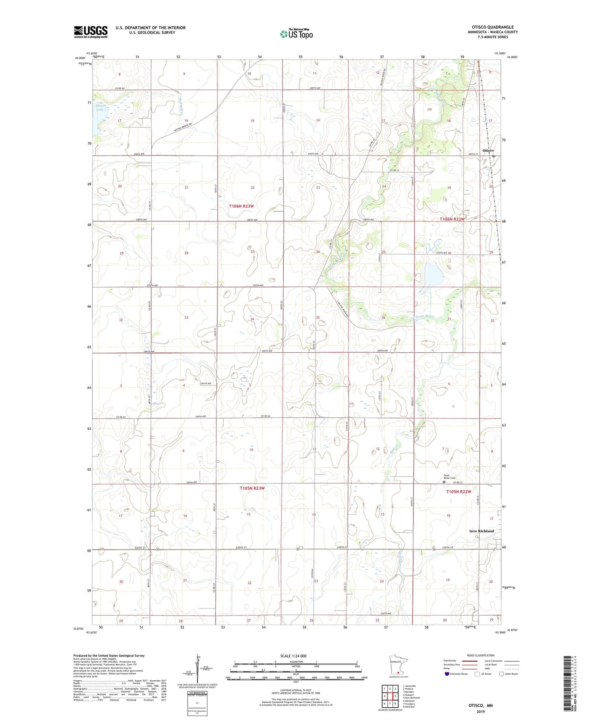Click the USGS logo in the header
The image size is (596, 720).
pyautogui.click(x=91, y=32)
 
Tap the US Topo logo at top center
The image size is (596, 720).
pyautogui.click(x=296, y=34)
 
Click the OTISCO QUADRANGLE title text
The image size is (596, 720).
pyautogui.click(x=492, y=27)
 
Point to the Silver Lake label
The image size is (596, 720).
pyautogui.click(x=100, y=107)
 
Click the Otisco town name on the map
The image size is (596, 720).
pyautogui.click(x=488, y=151)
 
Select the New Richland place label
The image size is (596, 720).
pyautogui.click(x=482, y=531)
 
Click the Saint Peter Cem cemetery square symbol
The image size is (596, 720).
pyautogui.click(x=444, y=482)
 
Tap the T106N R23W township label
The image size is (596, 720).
pyautogui.click(x=242, y=206)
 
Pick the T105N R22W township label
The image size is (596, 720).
pyautogui.click(x=458, y=492)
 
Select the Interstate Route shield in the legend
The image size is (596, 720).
pyautogui.click(x=448, y=674)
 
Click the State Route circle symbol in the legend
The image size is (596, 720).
pyautogui.click(x=501, y=674)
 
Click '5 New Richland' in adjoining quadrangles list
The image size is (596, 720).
pyautogui.click(x=411, y=697)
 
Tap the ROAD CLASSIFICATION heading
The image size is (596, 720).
pyautogui.click(x=481, y=655)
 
